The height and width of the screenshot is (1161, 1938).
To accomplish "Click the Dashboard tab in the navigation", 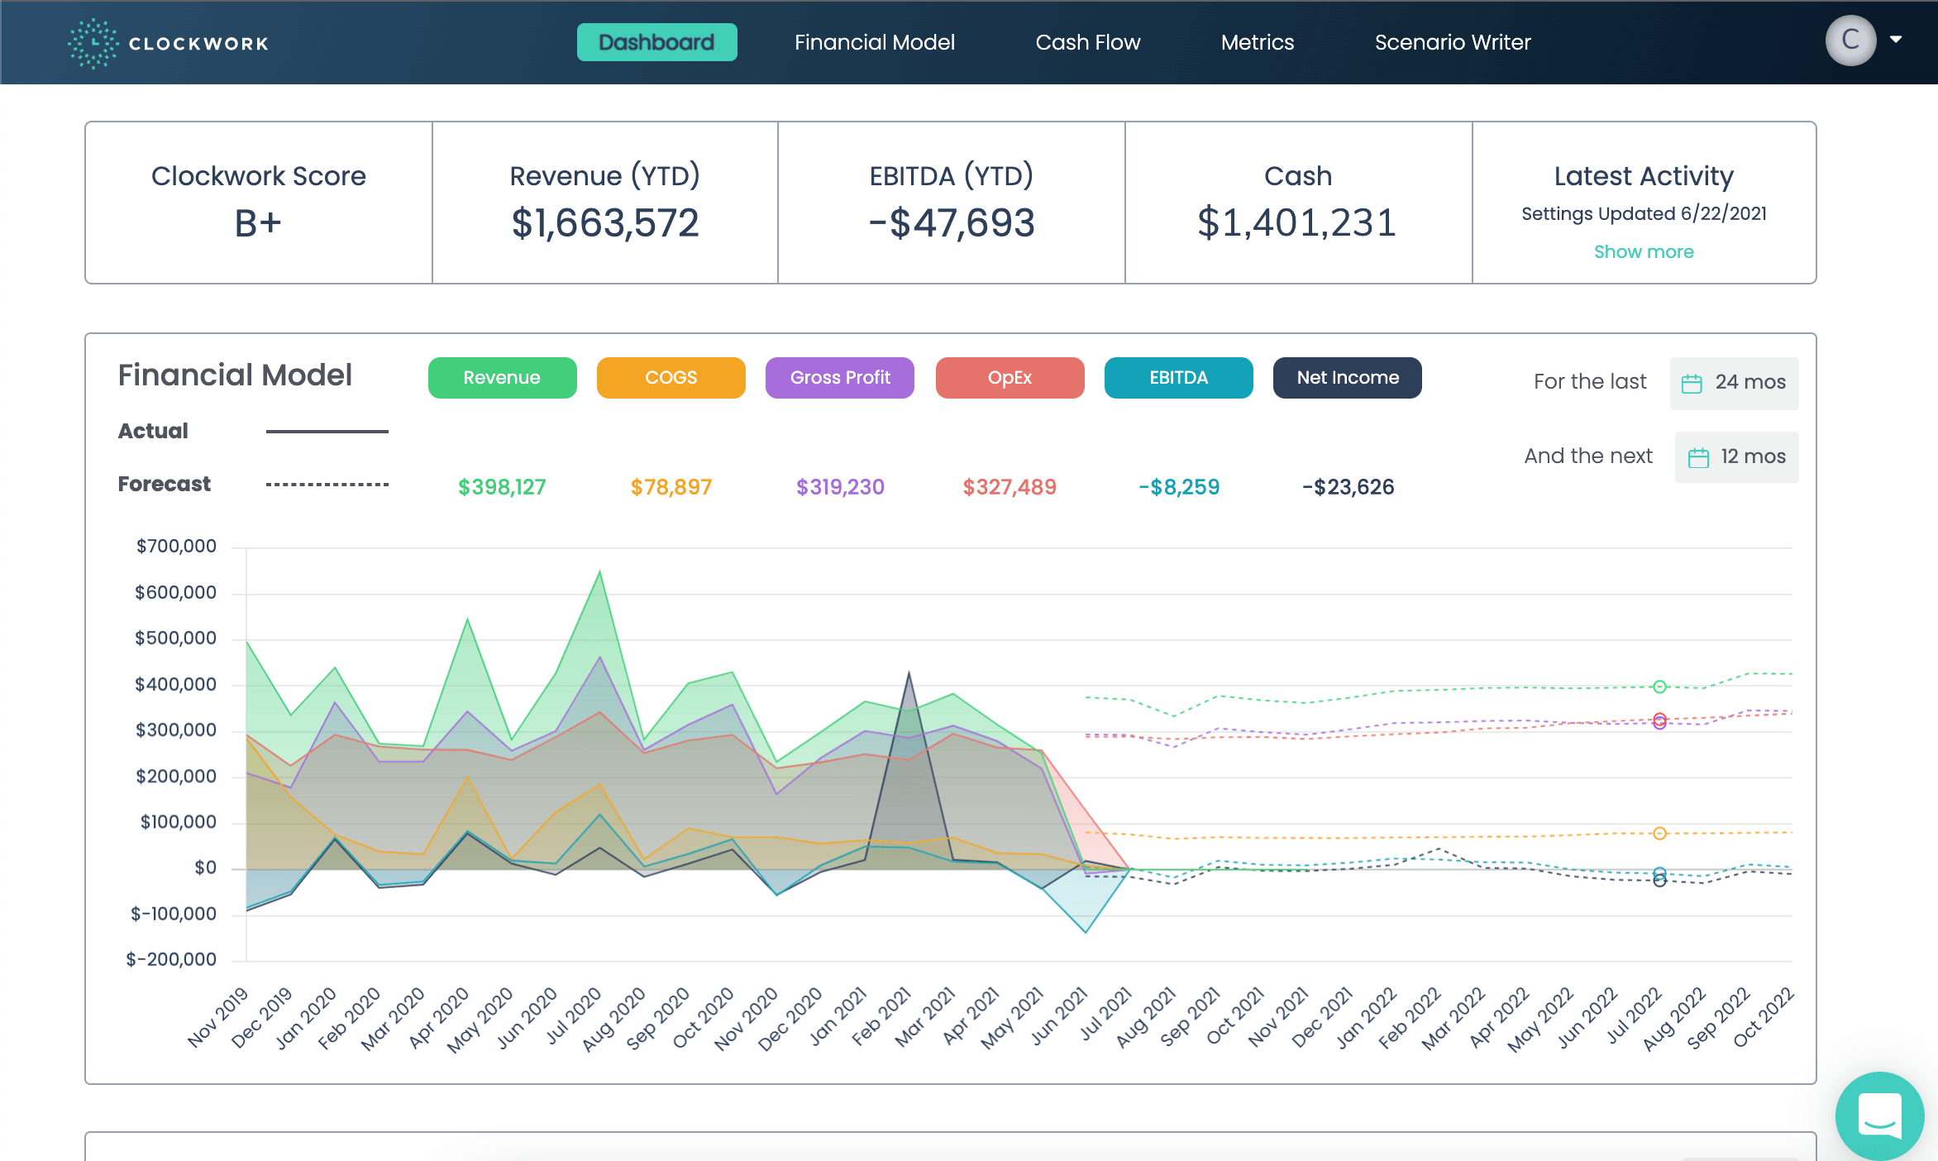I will [656, 42].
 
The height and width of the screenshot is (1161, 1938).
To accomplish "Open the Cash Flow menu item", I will [1087, 42].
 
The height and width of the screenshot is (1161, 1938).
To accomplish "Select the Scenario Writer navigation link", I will [1452, 42].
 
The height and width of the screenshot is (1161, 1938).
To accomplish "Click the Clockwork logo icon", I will [93, 43].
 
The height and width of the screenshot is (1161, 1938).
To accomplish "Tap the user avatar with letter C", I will [1850, 40].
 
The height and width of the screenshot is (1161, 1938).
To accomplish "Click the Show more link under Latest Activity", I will [1643, 251].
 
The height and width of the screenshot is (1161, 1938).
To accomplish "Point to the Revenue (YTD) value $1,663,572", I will [604, 223].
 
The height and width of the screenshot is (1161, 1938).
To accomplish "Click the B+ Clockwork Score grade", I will [258, 223].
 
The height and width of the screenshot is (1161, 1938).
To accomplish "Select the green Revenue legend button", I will [502, 378].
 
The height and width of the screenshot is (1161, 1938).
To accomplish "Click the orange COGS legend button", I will [671, 378].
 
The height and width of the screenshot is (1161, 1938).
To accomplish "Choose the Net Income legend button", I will [1347, 378].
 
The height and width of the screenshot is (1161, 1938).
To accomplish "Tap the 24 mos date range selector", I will [1735, 382].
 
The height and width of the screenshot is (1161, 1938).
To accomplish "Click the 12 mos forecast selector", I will [1737, 456].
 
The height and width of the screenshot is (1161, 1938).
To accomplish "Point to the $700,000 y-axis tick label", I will [176, 546].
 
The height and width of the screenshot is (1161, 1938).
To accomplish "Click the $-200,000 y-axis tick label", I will [171, 959].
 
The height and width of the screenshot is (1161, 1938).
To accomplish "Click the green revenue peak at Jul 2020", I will [599, 571].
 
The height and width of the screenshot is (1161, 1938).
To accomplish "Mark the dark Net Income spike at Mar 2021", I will [909, 674].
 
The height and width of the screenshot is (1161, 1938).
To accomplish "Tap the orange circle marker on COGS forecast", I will [1659, 834].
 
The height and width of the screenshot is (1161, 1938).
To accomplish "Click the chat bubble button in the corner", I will [1879, 1116].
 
